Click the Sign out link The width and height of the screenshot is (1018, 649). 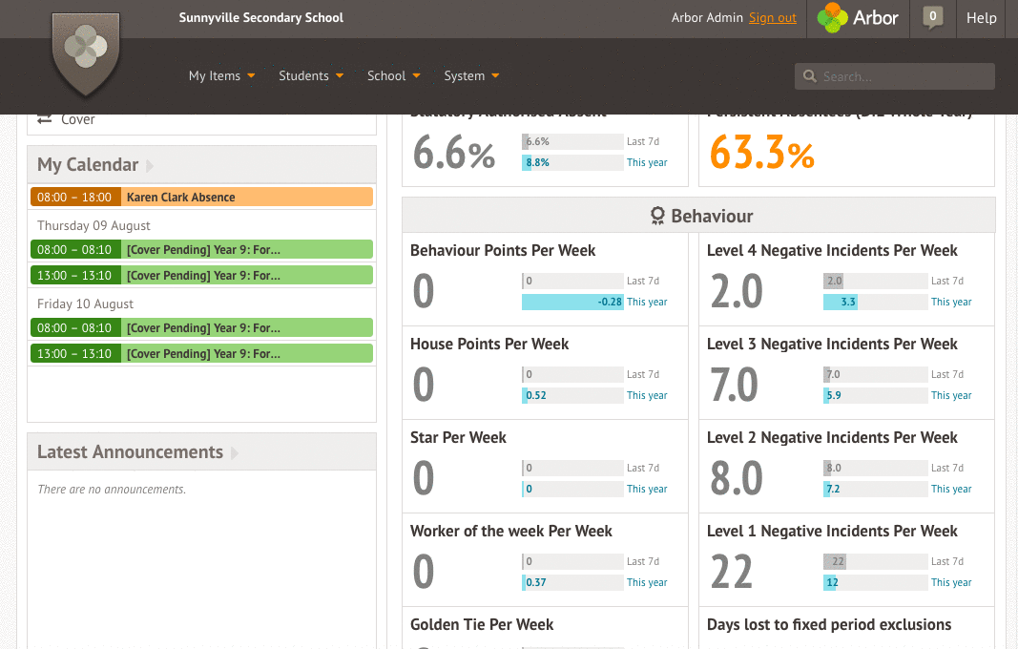[772, 18]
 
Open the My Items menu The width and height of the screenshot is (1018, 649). [221, 75]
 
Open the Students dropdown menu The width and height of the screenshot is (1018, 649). [310, 75]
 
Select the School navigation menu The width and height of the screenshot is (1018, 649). [393, 75]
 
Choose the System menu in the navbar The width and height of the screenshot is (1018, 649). [471, 75]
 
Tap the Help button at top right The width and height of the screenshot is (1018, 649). [981, 18]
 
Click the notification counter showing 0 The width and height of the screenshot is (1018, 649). [933, 17]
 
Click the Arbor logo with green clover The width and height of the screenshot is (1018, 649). [858, 18]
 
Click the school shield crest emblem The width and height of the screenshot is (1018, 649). [86, 52]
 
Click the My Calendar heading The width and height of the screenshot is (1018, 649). [88, 165]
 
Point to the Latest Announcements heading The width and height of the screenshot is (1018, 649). [130, 452]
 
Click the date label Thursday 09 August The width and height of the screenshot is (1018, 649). [93, 226]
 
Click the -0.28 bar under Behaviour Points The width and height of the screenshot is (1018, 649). [572, 302]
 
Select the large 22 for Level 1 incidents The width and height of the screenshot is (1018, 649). [732, 572]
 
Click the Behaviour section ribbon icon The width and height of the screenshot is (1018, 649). [657, 217]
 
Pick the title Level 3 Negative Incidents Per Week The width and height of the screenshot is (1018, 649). [832, 344]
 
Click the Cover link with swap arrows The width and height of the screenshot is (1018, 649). [67, 119]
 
